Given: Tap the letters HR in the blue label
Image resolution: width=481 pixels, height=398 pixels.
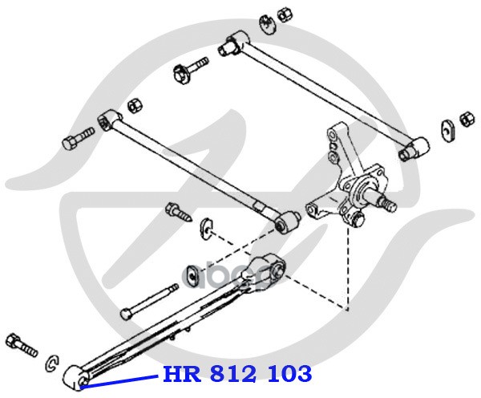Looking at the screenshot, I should pyautogui.click(x=180, y=374).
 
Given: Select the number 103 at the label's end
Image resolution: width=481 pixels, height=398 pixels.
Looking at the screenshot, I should pyautogui.click(x=289, y=374).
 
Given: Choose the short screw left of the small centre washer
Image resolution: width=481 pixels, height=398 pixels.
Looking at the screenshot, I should pyautogui.click(x=177, y=213).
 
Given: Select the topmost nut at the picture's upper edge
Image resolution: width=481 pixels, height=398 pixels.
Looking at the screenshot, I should pyautogui.click(x=284, y=14).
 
